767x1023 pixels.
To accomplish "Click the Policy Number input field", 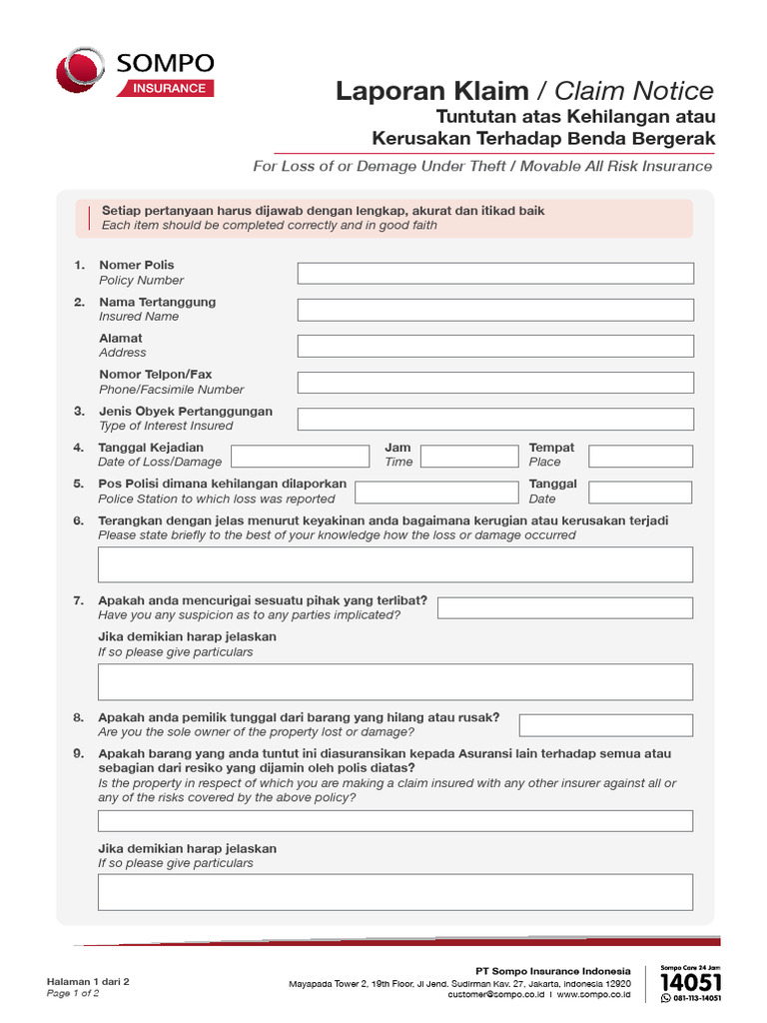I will tap(495, 273).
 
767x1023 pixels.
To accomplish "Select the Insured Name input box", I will tap(495, 310).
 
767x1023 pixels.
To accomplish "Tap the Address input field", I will tap(495, 346).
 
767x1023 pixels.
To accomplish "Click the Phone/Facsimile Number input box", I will tap(495, 383).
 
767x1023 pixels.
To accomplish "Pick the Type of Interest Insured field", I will tap(495, 419).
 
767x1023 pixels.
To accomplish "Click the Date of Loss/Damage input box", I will tap(297, 457).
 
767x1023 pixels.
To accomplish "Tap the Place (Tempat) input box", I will tap(640, 457).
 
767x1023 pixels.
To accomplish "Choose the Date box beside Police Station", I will tap(640, 493).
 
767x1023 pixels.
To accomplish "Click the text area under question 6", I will tap(395, 564).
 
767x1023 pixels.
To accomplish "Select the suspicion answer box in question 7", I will tap(565, 607).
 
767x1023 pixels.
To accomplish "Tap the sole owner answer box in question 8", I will tap(606, 725).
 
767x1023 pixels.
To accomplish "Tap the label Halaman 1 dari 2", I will tap(89, 981).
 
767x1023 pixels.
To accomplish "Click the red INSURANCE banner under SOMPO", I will tap(166, 89).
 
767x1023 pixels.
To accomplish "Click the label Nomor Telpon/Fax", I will tap(156, 375).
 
